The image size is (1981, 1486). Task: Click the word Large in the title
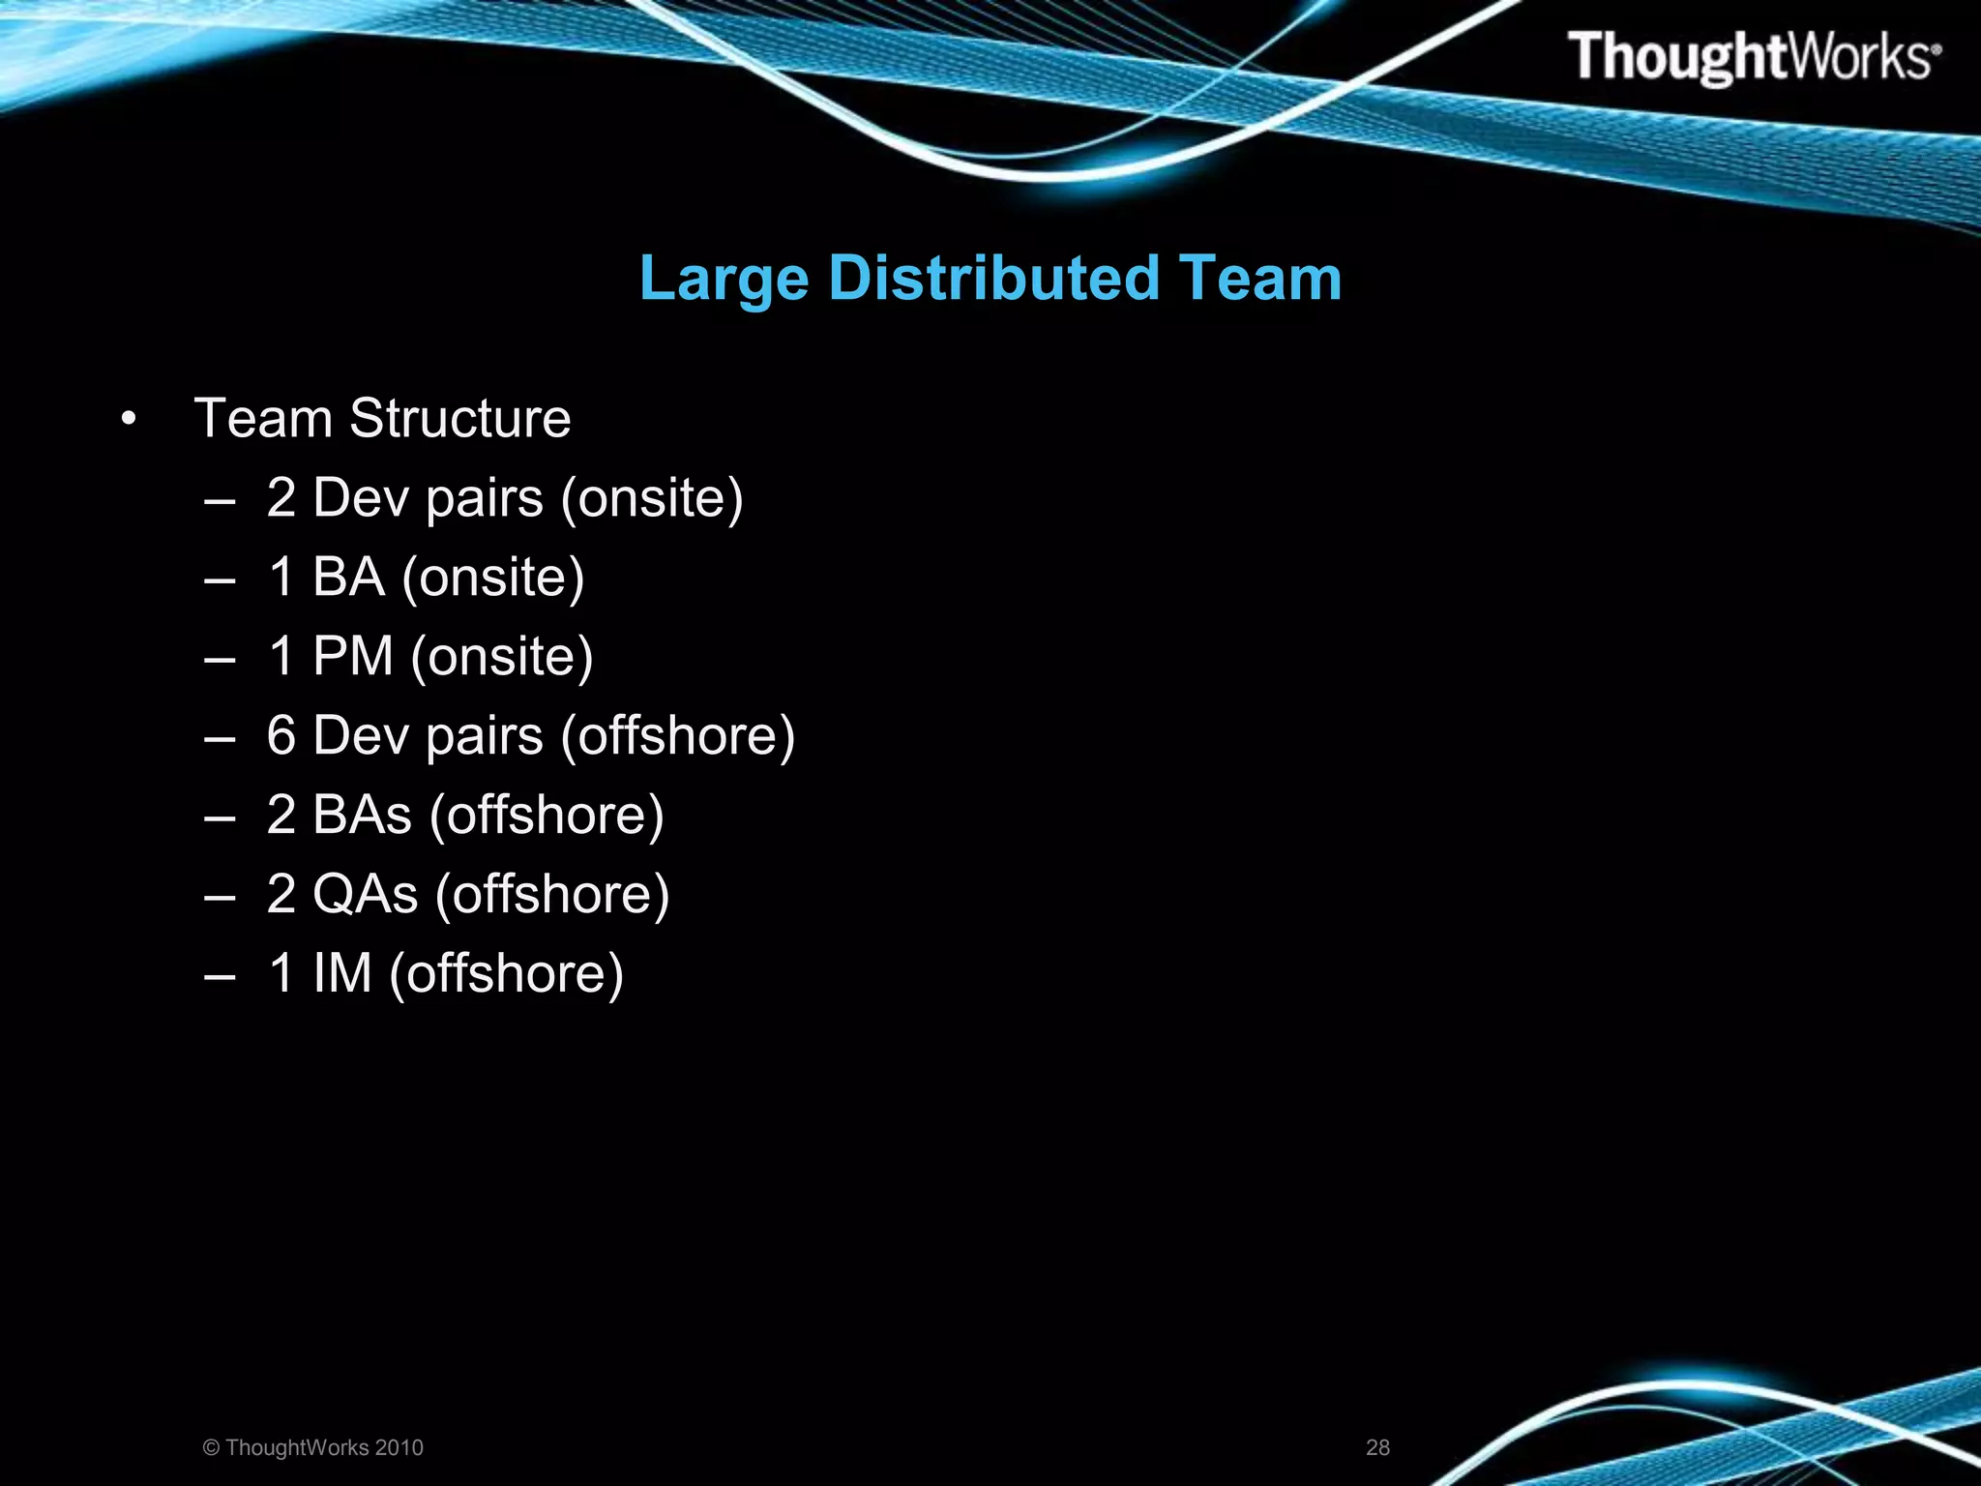click(x=724, y=279)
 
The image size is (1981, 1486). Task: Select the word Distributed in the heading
click(x=993, y=279)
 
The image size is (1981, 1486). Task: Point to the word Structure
click(x=459, y=419)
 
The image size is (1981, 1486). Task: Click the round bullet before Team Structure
click(x=129, y=420)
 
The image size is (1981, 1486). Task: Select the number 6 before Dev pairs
click(x=281, y=735)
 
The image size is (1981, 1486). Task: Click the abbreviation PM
click(x=353, y=656)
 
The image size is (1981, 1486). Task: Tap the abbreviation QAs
click(x=365, y=894)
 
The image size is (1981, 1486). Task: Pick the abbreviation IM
click(x=342, y=973)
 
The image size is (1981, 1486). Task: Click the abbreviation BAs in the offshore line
click(x=362, y=815)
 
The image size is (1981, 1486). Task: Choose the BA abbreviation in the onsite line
click(x=348, y=577)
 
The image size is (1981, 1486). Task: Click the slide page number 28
click(x=1377, y=1447)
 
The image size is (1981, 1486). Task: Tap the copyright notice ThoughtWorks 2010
click(x=313, y=1447)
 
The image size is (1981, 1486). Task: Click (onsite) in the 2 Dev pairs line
click(x=652, y=498)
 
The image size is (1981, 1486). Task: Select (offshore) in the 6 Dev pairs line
click(x=678, y=735)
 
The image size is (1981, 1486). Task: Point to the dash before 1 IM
click(x=221, y=975)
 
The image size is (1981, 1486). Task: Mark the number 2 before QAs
click(x=281, y=894)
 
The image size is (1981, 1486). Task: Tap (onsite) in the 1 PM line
click(x=501, y=656)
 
